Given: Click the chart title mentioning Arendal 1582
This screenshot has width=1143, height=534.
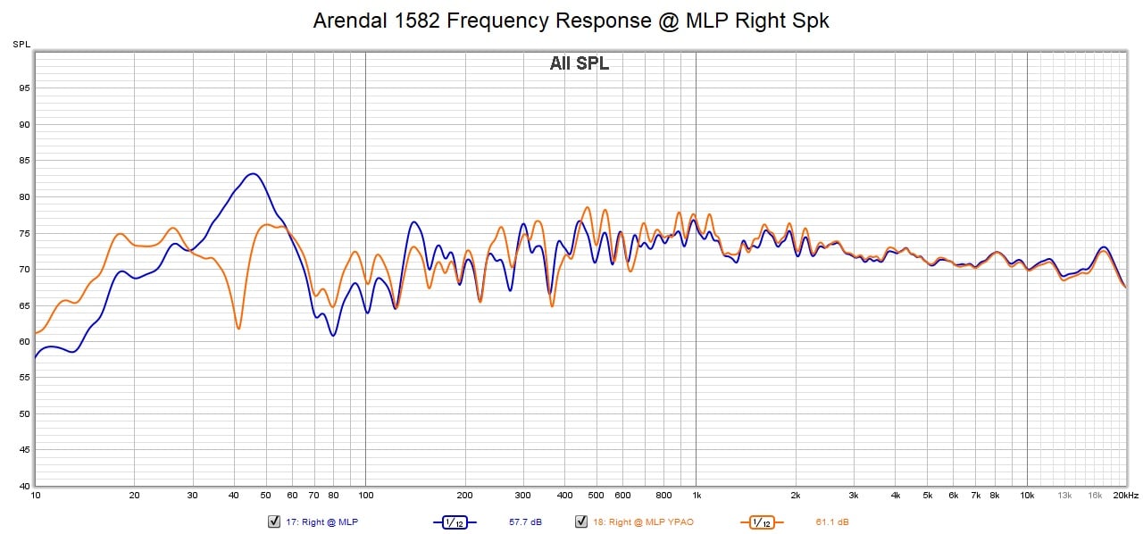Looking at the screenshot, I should [x=571, y=21].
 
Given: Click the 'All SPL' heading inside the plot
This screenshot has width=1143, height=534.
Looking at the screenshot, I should [x=579, y=63].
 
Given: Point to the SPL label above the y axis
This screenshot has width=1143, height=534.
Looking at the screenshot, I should [x=21, y=44].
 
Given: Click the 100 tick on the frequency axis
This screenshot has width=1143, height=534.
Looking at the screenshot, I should [x=365, y=495].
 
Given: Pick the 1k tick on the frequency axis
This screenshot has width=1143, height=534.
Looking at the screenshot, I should [x=697, y=495].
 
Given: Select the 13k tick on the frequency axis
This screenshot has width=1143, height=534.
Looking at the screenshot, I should [x=1064, y=495].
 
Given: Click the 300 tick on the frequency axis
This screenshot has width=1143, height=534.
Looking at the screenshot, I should [x=523, y=495].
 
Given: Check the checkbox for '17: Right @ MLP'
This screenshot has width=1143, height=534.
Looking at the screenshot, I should [x=274, y=521].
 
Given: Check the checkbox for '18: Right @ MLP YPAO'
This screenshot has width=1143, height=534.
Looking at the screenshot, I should [x=580, y=521].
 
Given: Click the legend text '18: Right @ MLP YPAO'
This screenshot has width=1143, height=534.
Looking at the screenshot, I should [x=642, y=521].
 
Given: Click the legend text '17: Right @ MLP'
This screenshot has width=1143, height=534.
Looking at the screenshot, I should [x=322, y=521].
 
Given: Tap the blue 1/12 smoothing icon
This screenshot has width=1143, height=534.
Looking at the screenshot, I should [x=455, y=521].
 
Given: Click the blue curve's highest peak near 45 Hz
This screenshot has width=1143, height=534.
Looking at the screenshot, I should [x=253, y=173].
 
